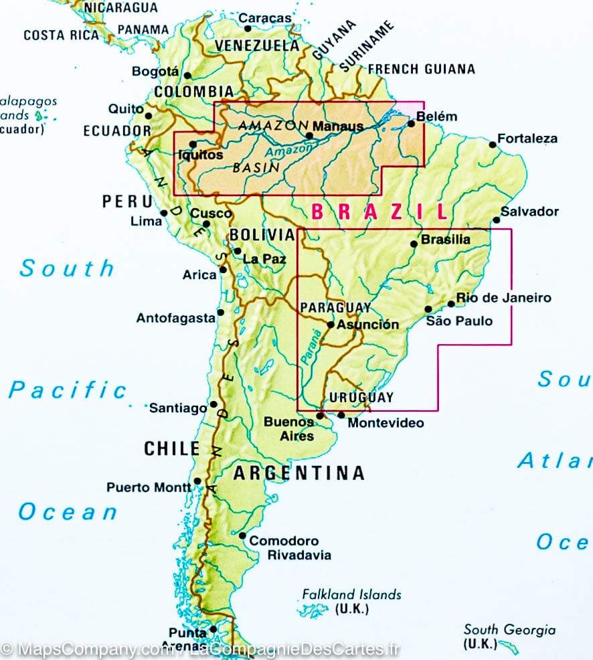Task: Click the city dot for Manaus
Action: (309, 135)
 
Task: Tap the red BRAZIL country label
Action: (379, 212)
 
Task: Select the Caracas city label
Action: (266, 18)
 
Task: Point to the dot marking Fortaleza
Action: (493, 144)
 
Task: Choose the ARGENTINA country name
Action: (299, 473)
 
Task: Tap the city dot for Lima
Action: (163, 214)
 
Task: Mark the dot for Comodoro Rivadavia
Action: (243, 536)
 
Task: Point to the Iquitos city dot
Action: (193, 143)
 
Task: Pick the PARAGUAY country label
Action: (335, 307)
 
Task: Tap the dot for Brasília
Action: (413, 244)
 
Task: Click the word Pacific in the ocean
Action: (68, 390)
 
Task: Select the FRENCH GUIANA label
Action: (421, 69)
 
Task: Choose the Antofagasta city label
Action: (175, 318)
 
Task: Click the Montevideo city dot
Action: (341, 415)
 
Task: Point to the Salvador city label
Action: (529, 211)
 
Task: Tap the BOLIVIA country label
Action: (261, 234)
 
